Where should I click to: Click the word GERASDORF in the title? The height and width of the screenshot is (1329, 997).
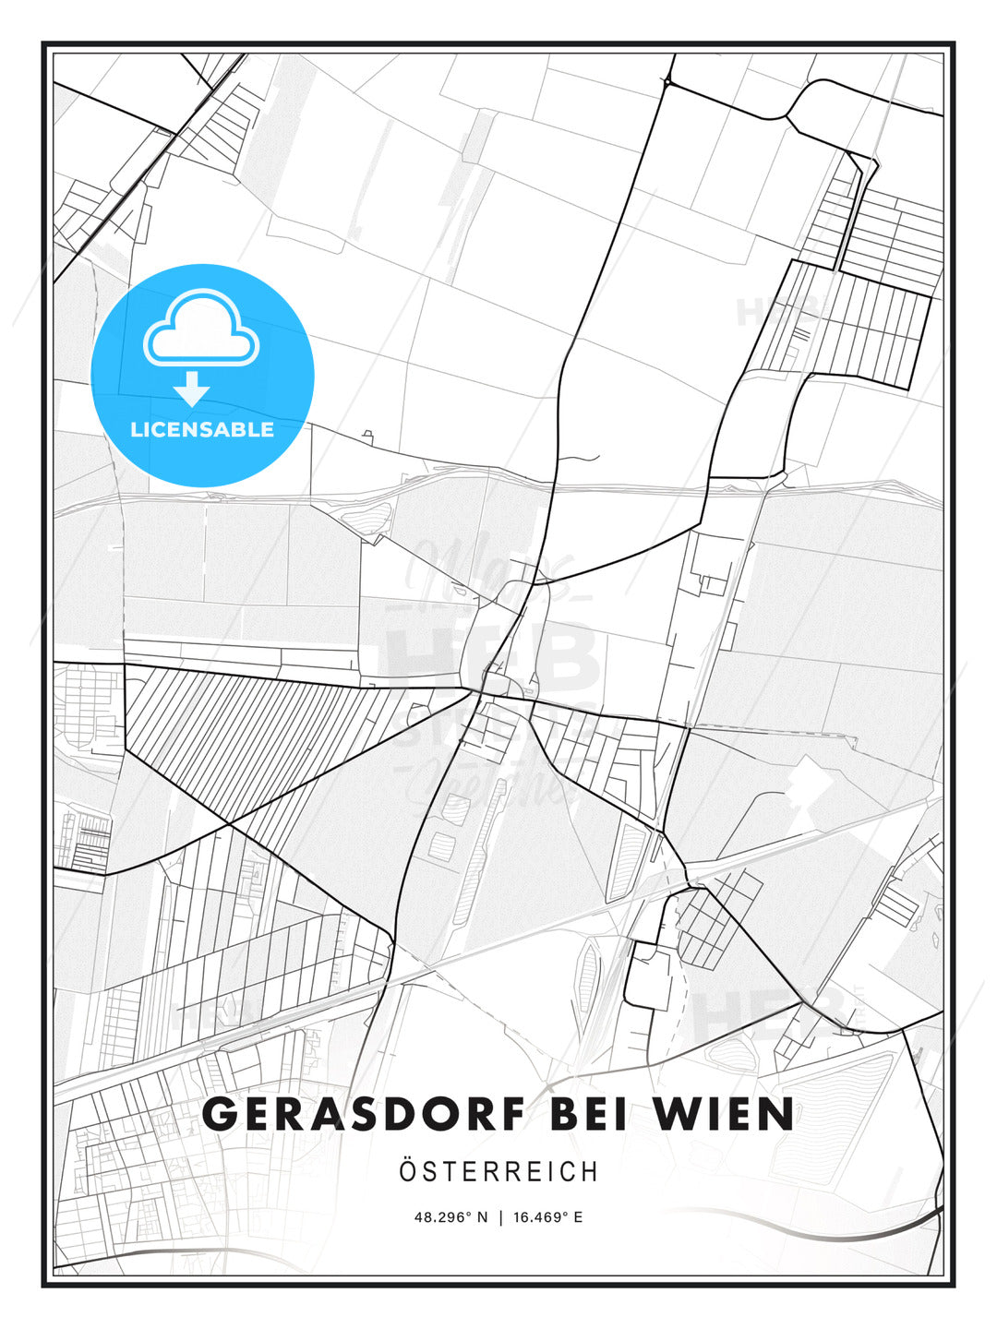point(364,1114)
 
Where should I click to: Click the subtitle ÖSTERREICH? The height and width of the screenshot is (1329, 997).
point(498,1171)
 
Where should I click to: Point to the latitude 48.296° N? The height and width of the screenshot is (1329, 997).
point(450,1217)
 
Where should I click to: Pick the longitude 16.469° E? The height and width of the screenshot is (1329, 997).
point(548,1217)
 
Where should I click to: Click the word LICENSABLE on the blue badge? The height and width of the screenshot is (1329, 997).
point(202,429)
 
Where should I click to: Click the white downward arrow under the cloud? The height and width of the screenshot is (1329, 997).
point(192,389)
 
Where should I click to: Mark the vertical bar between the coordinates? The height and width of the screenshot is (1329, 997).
point(500,1217)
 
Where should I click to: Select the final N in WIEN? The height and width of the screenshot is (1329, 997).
point(776,1114)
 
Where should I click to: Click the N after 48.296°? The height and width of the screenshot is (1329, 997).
point(482,1217)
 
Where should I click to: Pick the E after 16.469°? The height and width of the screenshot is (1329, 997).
point(578,1217)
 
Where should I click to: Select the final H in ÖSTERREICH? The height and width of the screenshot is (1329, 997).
point(590,1171)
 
